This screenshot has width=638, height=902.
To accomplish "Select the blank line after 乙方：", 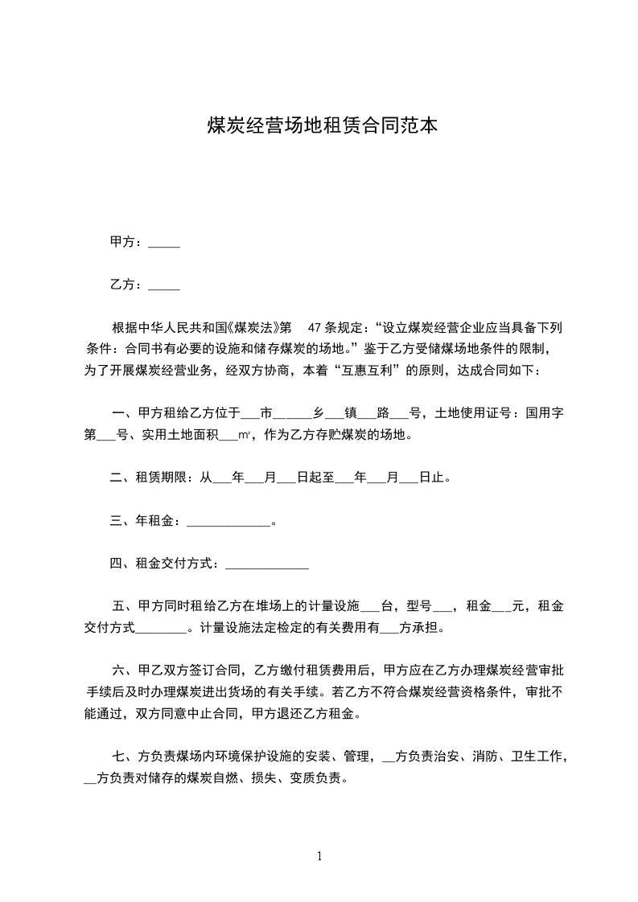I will tap(164, 285).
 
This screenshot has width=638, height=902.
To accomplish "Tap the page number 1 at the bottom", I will tap(319, 855).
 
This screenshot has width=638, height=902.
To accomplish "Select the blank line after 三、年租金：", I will tap(228, 522).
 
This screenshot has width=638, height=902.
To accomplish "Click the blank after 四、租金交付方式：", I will tap(266, 564).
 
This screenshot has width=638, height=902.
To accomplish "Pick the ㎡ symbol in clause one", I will tap(245, 437).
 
